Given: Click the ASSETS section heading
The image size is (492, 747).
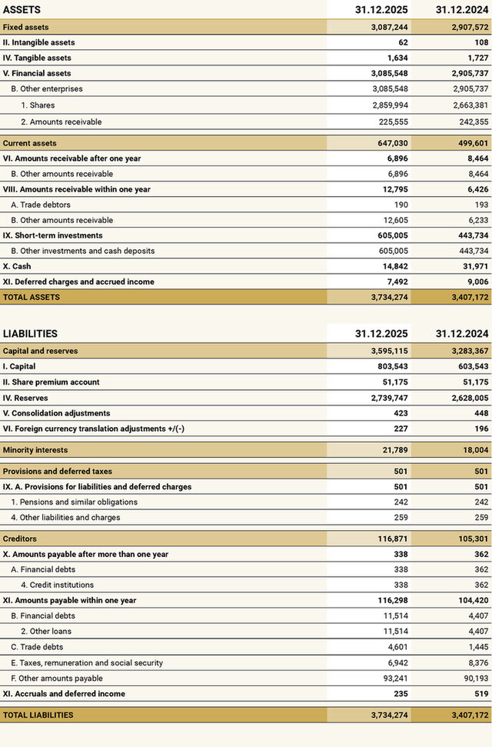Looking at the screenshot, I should [x=22, y=10].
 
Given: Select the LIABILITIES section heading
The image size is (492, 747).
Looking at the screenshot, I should [x=30, y=334].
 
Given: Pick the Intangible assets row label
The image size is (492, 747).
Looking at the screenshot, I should [x=39, y=42].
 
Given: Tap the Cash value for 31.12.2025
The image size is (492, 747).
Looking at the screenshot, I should [x=393, y=266].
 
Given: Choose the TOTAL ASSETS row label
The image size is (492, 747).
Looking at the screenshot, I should [x=32, y=297].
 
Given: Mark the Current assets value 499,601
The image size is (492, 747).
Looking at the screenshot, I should [x=469, y=143].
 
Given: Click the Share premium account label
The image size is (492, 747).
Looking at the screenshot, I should [x=52, y=382].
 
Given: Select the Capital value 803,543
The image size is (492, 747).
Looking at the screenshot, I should [x=389, y=366].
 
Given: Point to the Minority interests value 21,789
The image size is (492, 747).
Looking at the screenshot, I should [x=393, y=450].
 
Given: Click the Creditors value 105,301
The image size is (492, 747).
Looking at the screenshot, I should [x=469, y=539].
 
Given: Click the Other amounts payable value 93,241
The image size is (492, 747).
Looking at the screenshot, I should [x=393, y=678].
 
